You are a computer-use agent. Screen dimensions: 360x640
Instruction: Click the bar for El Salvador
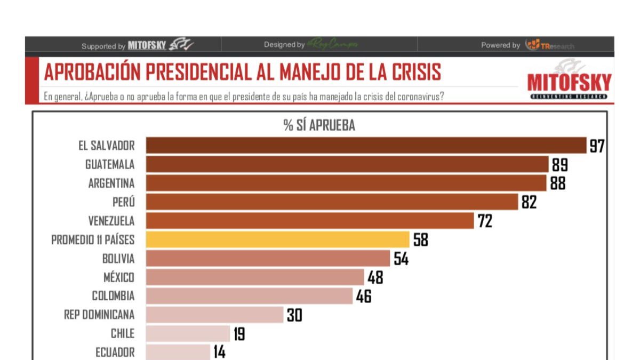(x=366, y=146)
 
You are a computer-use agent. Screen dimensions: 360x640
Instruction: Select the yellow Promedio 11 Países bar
(x=277, y=239)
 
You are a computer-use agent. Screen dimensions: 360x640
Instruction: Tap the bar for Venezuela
(x=310, y=221)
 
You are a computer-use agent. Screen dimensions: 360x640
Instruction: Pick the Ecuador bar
(x=178, y=352)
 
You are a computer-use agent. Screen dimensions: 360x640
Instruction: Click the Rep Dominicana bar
(x=214, y=315)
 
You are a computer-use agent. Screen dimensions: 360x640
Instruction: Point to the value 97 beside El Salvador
(x=597, y=146)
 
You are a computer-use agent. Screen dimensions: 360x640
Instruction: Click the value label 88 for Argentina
(x=557, y=183)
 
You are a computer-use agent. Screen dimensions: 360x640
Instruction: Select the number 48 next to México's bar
(x=375, y=277)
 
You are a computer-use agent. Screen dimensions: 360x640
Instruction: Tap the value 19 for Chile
(x=239, y=334)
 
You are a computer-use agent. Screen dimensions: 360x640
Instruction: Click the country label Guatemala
(x=110, y=164)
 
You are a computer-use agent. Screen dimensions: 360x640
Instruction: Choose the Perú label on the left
(x=124, y=202)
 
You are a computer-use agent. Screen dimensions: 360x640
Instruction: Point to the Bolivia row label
(x=118, y=259)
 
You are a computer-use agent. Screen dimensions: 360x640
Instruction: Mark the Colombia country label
(x=113, y=296)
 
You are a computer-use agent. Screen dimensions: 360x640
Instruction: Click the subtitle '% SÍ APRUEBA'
(x=319, y=125)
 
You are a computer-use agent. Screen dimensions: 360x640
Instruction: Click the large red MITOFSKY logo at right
(x=569, y=83)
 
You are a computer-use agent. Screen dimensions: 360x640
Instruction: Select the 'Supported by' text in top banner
(x=103, y=46)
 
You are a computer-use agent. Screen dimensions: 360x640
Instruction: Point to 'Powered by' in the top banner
(x=500, y=46)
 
